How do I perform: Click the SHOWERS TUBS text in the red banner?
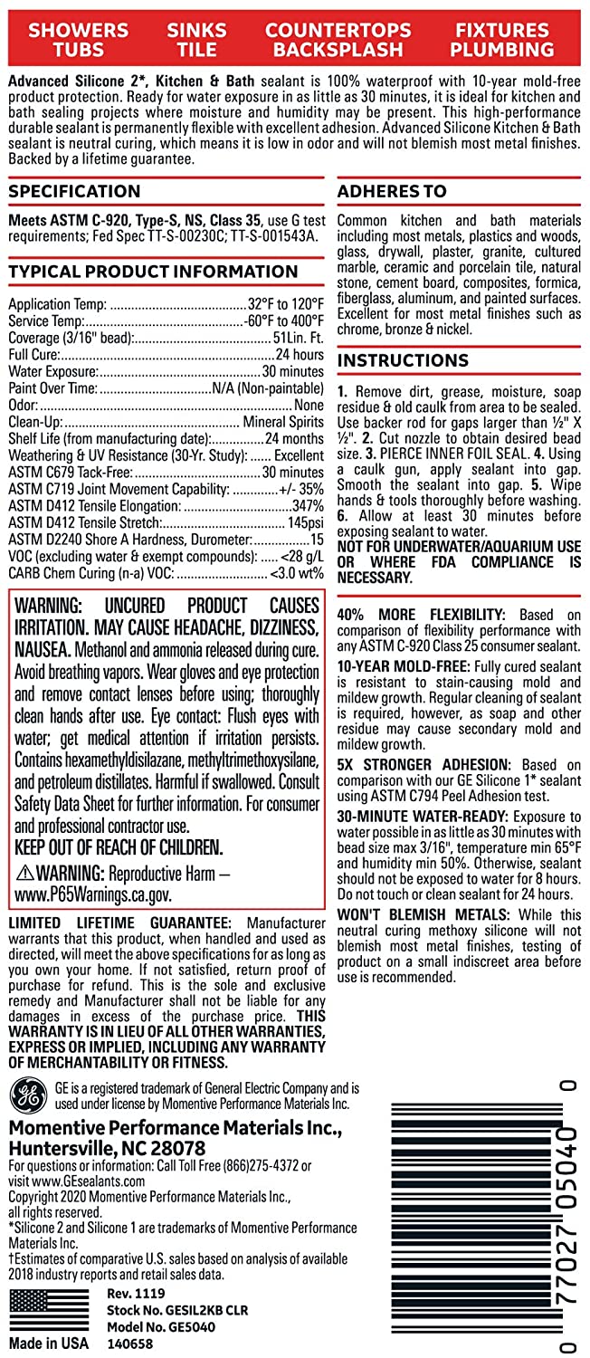pyautogui.click(x=78, y=40)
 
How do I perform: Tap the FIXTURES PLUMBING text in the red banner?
pyautogui.click(x=503, y=40)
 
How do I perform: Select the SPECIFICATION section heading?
pyautogui.click(x=74, y=191)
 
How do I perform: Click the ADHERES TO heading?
pyautogui.click(x=392, y=191)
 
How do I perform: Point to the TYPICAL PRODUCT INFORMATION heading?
pyautogui.click(x=153, y=272)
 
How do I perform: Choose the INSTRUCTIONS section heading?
pyautogui.click(x=403, y=360)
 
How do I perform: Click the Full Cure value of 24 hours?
pyautogui.click(x=300, y=354)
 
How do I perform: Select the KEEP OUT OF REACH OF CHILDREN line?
pyautogui.click(x=119, y=848)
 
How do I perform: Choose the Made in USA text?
pyautogui.click(x=48, y=1343)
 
